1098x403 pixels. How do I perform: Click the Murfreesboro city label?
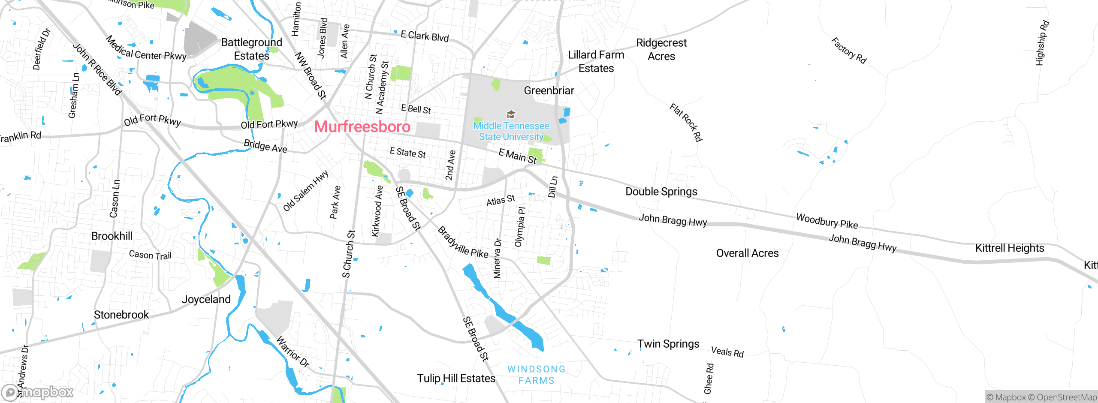pos(362,126)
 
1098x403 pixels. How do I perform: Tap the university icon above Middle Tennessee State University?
pos(511,114)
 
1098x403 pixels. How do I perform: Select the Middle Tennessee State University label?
pos(511,131)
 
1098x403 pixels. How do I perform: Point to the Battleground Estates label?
pos(251,49)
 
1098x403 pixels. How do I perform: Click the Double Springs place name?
pos(661,192)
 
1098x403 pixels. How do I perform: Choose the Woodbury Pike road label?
pos(827,221)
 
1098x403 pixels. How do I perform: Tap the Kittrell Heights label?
pos(1009,248)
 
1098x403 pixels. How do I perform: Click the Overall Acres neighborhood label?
pos(747,253)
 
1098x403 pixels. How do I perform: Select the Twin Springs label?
pos(668,344)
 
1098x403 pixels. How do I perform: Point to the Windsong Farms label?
pos(536,375)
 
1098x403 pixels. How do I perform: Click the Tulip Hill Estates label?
pos(456,378)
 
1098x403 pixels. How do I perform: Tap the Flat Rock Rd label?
pos(686,122)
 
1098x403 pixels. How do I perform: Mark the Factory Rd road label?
pos(849,51)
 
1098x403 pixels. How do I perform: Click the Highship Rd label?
pos(1042,43)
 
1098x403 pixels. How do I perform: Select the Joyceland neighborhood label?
pos(206,299)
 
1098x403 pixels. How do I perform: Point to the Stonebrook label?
pos(121,315)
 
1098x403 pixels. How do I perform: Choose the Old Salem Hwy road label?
pos(305,191)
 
